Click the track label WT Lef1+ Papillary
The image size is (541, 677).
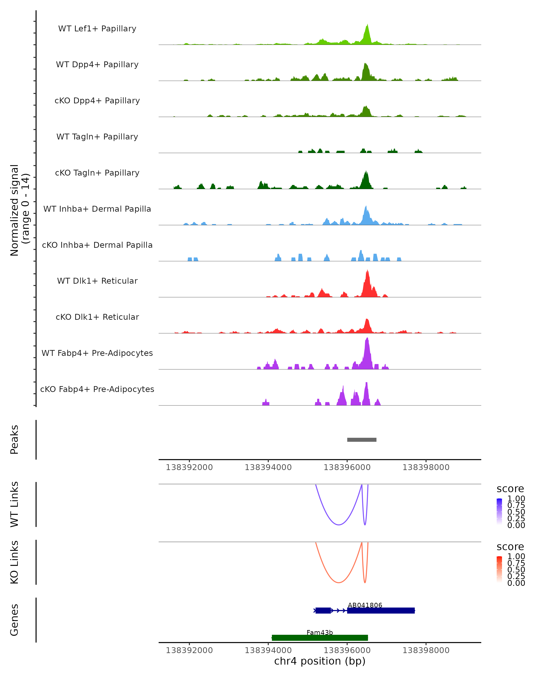coord(97,29)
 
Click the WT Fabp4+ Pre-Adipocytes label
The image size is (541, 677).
coord(97,353)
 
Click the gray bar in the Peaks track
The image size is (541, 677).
coord(362,440)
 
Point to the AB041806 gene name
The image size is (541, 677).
coord(365,605)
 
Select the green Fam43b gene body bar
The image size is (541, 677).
coord(320,638)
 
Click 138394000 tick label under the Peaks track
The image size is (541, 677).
coord(268,467)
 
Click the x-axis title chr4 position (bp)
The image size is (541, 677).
coord(320,661)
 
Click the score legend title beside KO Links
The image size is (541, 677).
coord(510,547)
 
